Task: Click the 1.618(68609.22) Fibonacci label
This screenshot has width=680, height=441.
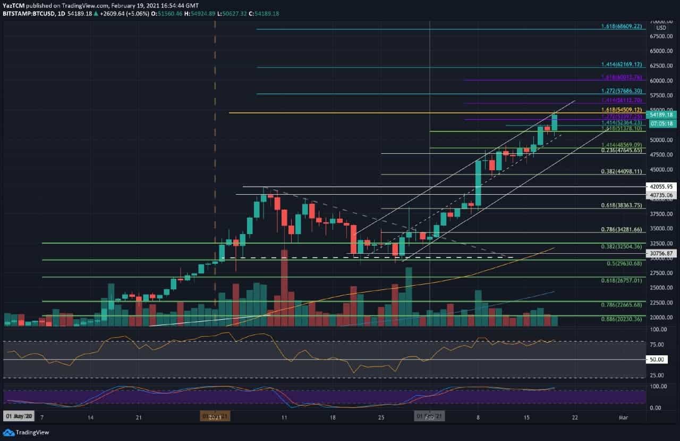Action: click(x=622, y=26)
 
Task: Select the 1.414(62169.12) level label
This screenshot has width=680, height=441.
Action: click(x=622, y=64)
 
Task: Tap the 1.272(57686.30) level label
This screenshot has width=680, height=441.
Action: click(x=622, y=91)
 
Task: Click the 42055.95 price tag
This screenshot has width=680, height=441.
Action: click(x=661, y=187)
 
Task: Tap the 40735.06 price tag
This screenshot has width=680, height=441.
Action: click(x=661, y=195)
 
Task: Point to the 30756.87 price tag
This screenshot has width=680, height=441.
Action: click(x=661, y=253)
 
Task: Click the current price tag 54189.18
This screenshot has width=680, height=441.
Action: click(x=661, y=114)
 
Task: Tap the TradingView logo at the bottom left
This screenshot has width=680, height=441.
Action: click(x=28, y=432)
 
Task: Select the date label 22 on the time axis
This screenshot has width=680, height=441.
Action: click(x=574, y=418)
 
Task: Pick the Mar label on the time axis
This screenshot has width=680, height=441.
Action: click(x=623, y=418)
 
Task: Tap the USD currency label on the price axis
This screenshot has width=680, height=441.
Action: click(x=661, y=28)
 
